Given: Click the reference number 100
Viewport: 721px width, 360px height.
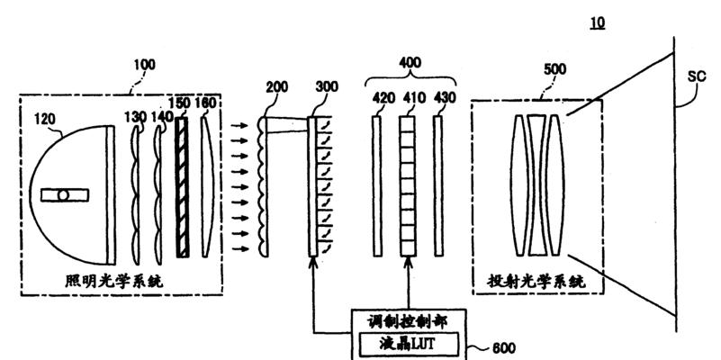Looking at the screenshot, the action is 144,65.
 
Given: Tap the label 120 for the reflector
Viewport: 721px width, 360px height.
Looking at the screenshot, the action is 45,120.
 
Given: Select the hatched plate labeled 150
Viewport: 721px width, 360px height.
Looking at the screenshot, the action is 183,187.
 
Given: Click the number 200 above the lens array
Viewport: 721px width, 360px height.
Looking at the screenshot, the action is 277,87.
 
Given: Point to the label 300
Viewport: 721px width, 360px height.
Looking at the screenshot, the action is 327,86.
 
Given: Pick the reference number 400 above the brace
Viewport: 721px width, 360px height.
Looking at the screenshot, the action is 410,62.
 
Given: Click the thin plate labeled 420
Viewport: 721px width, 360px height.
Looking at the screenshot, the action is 377,185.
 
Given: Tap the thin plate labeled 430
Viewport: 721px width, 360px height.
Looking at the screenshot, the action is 438,185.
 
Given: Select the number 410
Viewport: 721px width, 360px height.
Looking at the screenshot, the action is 413,98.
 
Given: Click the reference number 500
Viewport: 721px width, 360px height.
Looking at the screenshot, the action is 554,69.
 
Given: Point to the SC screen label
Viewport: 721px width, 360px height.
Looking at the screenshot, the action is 697,76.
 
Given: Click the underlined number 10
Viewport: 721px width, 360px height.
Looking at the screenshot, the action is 598,22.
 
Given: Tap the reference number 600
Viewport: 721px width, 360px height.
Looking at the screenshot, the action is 503,348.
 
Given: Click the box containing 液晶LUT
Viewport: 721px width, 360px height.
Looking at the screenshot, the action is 409,345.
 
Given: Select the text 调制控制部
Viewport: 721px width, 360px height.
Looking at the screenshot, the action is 408,322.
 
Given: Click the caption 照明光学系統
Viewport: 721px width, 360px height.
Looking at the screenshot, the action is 114,280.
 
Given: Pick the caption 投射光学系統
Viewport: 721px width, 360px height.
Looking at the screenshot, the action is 536,280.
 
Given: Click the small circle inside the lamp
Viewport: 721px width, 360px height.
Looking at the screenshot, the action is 63,195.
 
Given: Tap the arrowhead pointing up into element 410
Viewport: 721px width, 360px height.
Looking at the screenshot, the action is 408,262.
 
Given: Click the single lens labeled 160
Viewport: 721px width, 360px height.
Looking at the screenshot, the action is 207,185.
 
